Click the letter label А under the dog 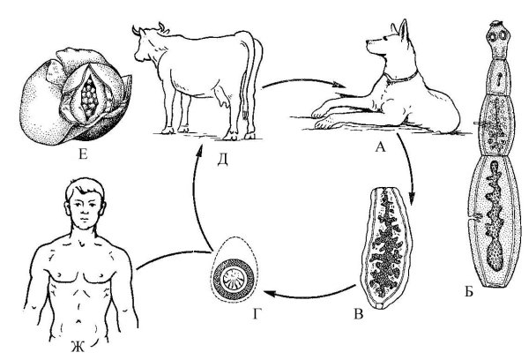click(x=380, y=146)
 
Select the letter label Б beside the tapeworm click(x=469, y=291)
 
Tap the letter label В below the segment click(x=358, y=314)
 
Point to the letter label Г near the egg click(x=257, y=314)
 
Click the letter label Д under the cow click(x=222, y=160)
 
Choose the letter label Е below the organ click(x=83, y=154)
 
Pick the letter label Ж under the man click(x=78, y=347)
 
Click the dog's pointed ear click(x=403, y=30)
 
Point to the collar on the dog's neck click(x=401, y=78)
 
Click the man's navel click(x=80, y=320)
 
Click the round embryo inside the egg click(x=233, y=279)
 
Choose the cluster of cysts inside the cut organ click(x=89, y=96)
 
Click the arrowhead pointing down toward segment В click(x=412, y=197)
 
